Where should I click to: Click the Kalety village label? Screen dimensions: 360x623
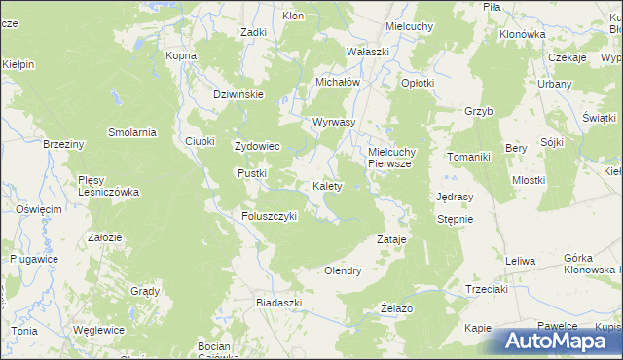point(326,186)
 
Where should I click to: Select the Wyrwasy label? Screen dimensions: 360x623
point(333,123)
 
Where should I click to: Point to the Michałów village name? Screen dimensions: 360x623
point(338,83)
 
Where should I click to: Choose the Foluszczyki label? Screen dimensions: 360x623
point(269,216)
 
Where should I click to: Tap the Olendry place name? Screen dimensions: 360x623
point(343,270)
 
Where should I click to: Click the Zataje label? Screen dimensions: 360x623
point(390,238)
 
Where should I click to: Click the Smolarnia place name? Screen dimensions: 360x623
point(132,132)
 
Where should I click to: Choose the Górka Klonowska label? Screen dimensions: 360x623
point(592,264)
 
